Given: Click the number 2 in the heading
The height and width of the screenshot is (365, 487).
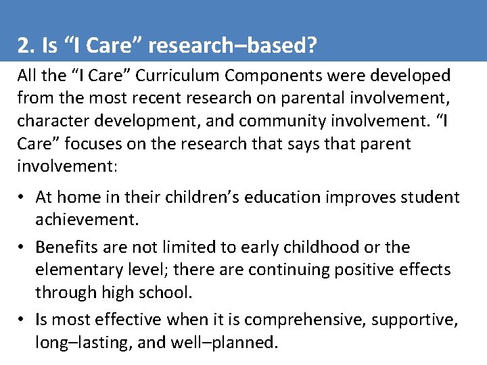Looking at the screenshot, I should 23,46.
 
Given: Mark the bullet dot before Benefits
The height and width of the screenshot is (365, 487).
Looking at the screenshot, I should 22,247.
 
